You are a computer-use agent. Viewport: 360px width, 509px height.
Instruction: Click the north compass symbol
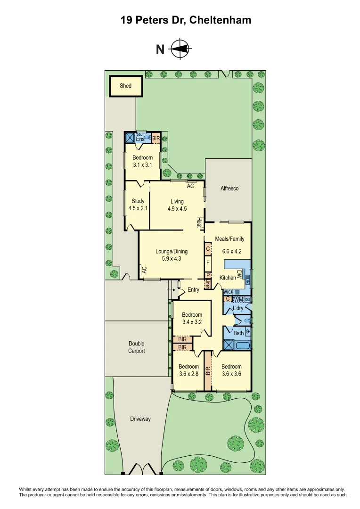pos(179,49)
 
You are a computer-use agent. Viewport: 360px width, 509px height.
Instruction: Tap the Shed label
pos(125,86)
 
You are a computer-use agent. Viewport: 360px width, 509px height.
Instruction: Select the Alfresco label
pos(229,189)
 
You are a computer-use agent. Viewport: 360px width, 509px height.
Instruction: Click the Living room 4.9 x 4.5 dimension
pos(177,208)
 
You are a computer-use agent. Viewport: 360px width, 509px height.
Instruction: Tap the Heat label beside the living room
pos(199,222)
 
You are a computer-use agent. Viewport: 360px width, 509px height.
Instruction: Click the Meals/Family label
pos(230,239)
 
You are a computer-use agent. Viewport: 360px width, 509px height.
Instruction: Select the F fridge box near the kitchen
pos(207,262)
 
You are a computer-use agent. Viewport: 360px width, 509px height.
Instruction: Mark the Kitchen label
pos(228,278)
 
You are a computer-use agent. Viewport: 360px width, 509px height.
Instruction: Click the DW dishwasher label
pos(239,274)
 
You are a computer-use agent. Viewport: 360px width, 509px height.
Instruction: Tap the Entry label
pos(193,290)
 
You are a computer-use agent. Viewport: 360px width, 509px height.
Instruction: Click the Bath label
pos(239,333)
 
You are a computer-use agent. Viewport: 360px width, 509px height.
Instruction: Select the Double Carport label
pos(136,347)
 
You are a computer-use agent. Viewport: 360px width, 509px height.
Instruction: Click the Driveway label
pos(140,419)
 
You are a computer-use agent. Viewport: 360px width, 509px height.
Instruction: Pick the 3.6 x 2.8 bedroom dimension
pos(188,374)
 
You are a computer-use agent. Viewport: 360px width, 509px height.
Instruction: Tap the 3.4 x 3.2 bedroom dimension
pos(192,322)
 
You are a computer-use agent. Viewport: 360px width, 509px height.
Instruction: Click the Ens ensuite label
pos(140,139)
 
